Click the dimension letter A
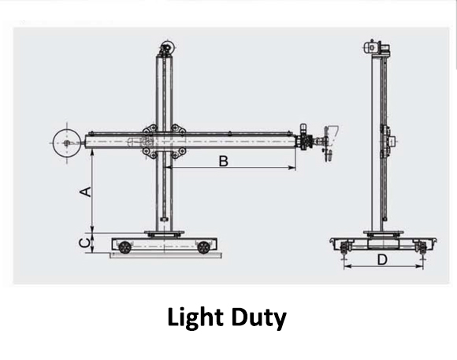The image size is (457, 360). tap(87, 191)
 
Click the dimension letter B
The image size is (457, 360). tap(223, 161)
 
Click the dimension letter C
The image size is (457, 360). tap(84, 243)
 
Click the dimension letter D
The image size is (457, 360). tap(381, 258)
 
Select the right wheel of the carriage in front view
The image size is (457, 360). tap(204, 247)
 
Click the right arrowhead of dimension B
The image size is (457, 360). tap(295, 168)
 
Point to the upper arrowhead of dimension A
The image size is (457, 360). tap(93, 154)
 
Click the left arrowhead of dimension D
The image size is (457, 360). tap(346, 266)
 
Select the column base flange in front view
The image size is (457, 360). tap(164, 232)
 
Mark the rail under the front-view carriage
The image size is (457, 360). tap(165, 255)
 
